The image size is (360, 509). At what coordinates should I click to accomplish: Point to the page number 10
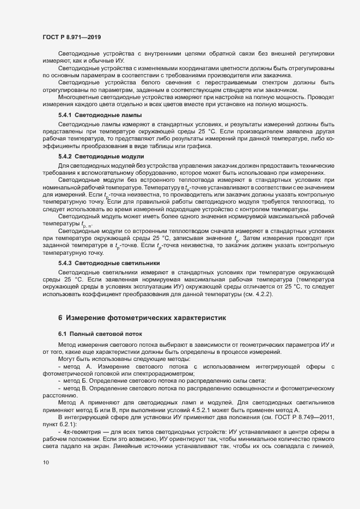coord(45,463)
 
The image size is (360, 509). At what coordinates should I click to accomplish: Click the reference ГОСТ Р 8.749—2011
coord(313,416)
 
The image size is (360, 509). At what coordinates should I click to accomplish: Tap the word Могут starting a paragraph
coord(67,359)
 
